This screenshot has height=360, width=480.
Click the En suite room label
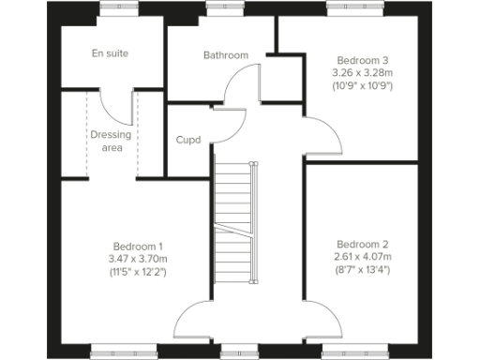point(110,53)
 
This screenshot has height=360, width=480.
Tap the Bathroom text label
point(226,55)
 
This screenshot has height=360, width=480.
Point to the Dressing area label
point(111,141)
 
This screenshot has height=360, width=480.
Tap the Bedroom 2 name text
point(363,246)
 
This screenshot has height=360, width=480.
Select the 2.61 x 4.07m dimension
point(363,258)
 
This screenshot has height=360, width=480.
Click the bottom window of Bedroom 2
point(348,352)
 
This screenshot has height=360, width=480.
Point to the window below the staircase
point(233,352)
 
